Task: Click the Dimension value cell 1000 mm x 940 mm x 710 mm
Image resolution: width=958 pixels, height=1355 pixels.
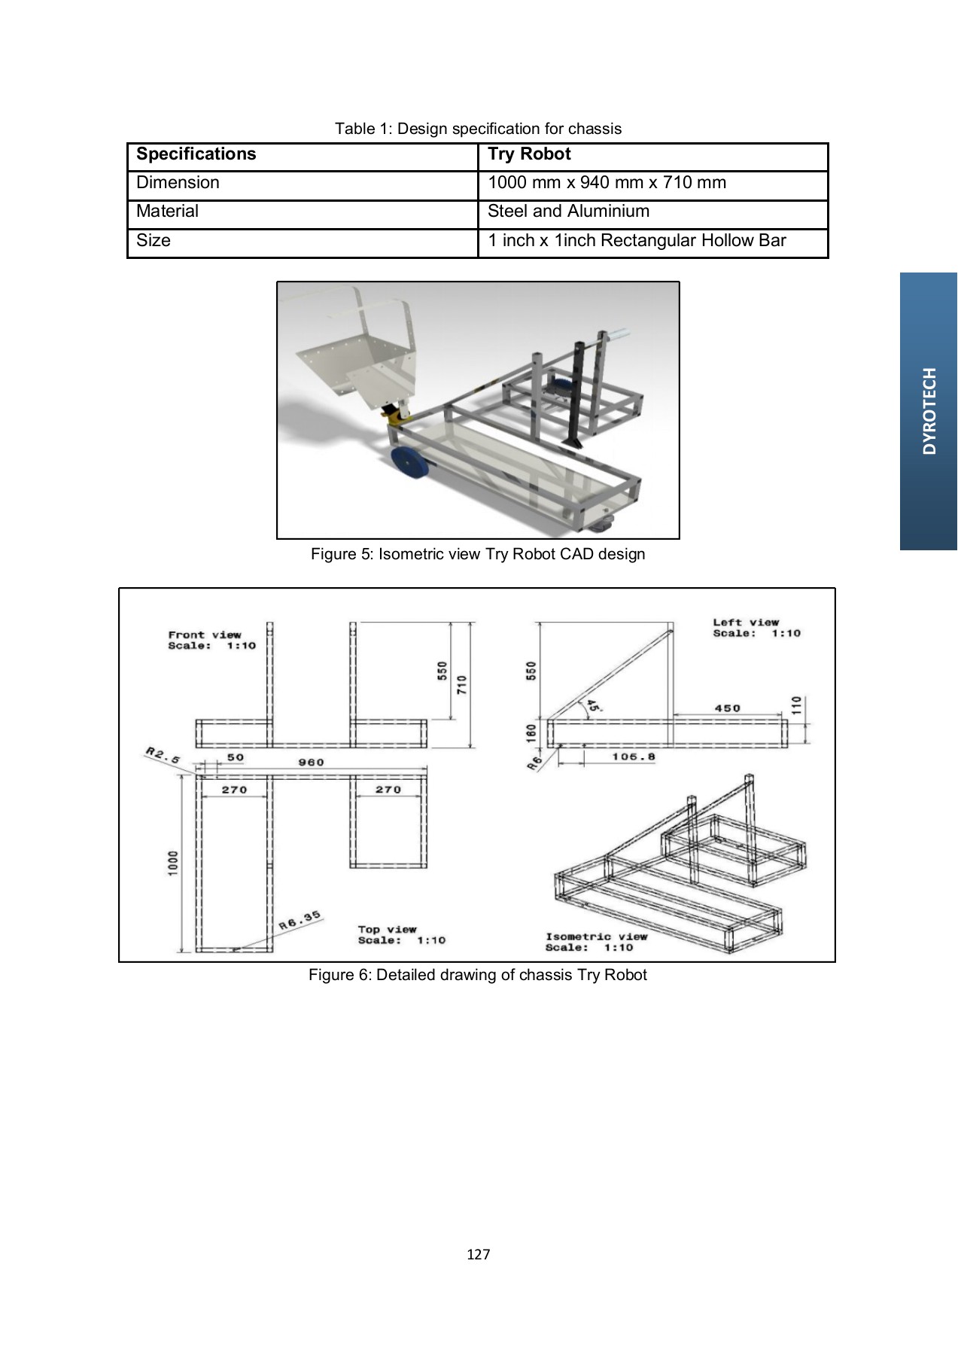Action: pyautogui.click(x=607, y=183)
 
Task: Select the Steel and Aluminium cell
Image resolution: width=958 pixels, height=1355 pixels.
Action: pyautogui.click(x=568, y=212)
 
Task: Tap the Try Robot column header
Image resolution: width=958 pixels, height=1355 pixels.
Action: pyautogui.click(x=529, y=154)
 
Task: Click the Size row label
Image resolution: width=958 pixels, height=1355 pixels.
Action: pyautogui.click(x=154, y=241)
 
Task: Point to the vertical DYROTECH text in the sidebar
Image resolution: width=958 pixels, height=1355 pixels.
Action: pyautogui.click(x=929, y=411)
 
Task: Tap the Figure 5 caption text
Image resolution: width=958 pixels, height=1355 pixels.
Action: pyautogui.click(x=478, y=554)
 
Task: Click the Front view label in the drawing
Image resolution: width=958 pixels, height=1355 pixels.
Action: pyautogui.click(x=205, y=635)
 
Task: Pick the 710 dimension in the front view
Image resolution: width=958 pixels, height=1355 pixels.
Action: pyautogui.click(x=462, y=684)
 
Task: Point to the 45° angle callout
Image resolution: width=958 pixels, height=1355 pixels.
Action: pyautogui.click(x=592, y=706)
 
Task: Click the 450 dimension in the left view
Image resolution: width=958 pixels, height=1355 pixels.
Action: pyautogui.click(x=727, y=708)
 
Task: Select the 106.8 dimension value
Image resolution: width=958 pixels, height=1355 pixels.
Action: pyautogui.click(x=633, y=757)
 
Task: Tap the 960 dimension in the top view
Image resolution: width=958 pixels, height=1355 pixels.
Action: pyautogui.click(x=311, y=762)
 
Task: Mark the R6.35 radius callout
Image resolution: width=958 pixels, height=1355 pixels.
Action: pyautogui.click(x=300, y=920)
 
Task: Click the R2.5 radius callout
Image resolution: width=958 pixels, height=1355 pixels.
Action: pyautogui.click(x=163, y=755)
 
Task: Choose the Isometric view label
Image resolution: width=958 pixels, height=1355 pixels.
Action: pyautogui.click(x=596, y=936)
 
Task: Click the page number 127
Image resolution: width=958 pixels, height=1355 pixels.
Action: pyautogui.click(x=479, y=1254)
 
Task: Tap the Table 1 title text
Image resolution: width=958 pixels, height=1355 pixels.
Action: pyautogui.click(x=478, y=129)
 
